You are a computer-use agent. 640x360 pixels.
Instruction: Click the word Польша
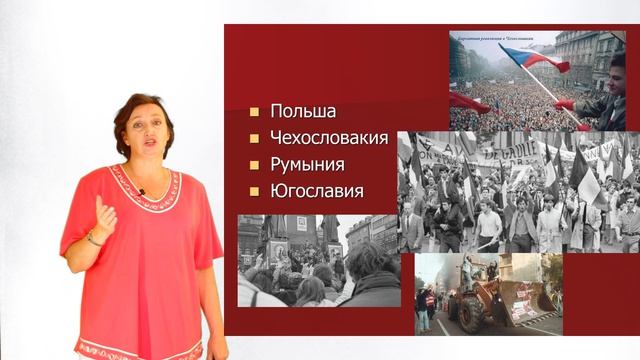coord(303,111)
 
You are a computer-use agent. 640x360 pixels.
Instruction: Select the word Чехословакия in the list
coord(328,138)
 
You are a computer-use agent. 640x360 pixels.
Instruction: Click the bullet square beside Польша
coord(255,112)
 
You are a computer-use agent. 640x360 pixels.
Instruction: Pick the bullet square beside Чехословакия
coord(255,138)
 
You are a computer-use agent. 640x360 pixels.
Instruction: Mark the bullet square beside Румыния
coord(255,164)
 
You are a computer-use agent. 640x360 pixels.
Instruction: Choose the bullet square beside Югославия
coord(255,190)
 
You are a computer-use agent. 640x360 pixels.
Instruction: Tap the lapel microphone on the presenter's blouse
coord(142,190)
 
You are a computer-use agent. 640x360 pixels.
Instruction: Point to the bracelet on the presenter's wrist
coord(94,239)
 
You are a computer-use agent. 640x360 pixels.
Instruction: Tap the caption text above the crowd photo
coord(490,37)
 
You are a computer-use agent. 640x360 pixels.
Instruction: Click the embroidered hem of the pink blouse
coord(140,350)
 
